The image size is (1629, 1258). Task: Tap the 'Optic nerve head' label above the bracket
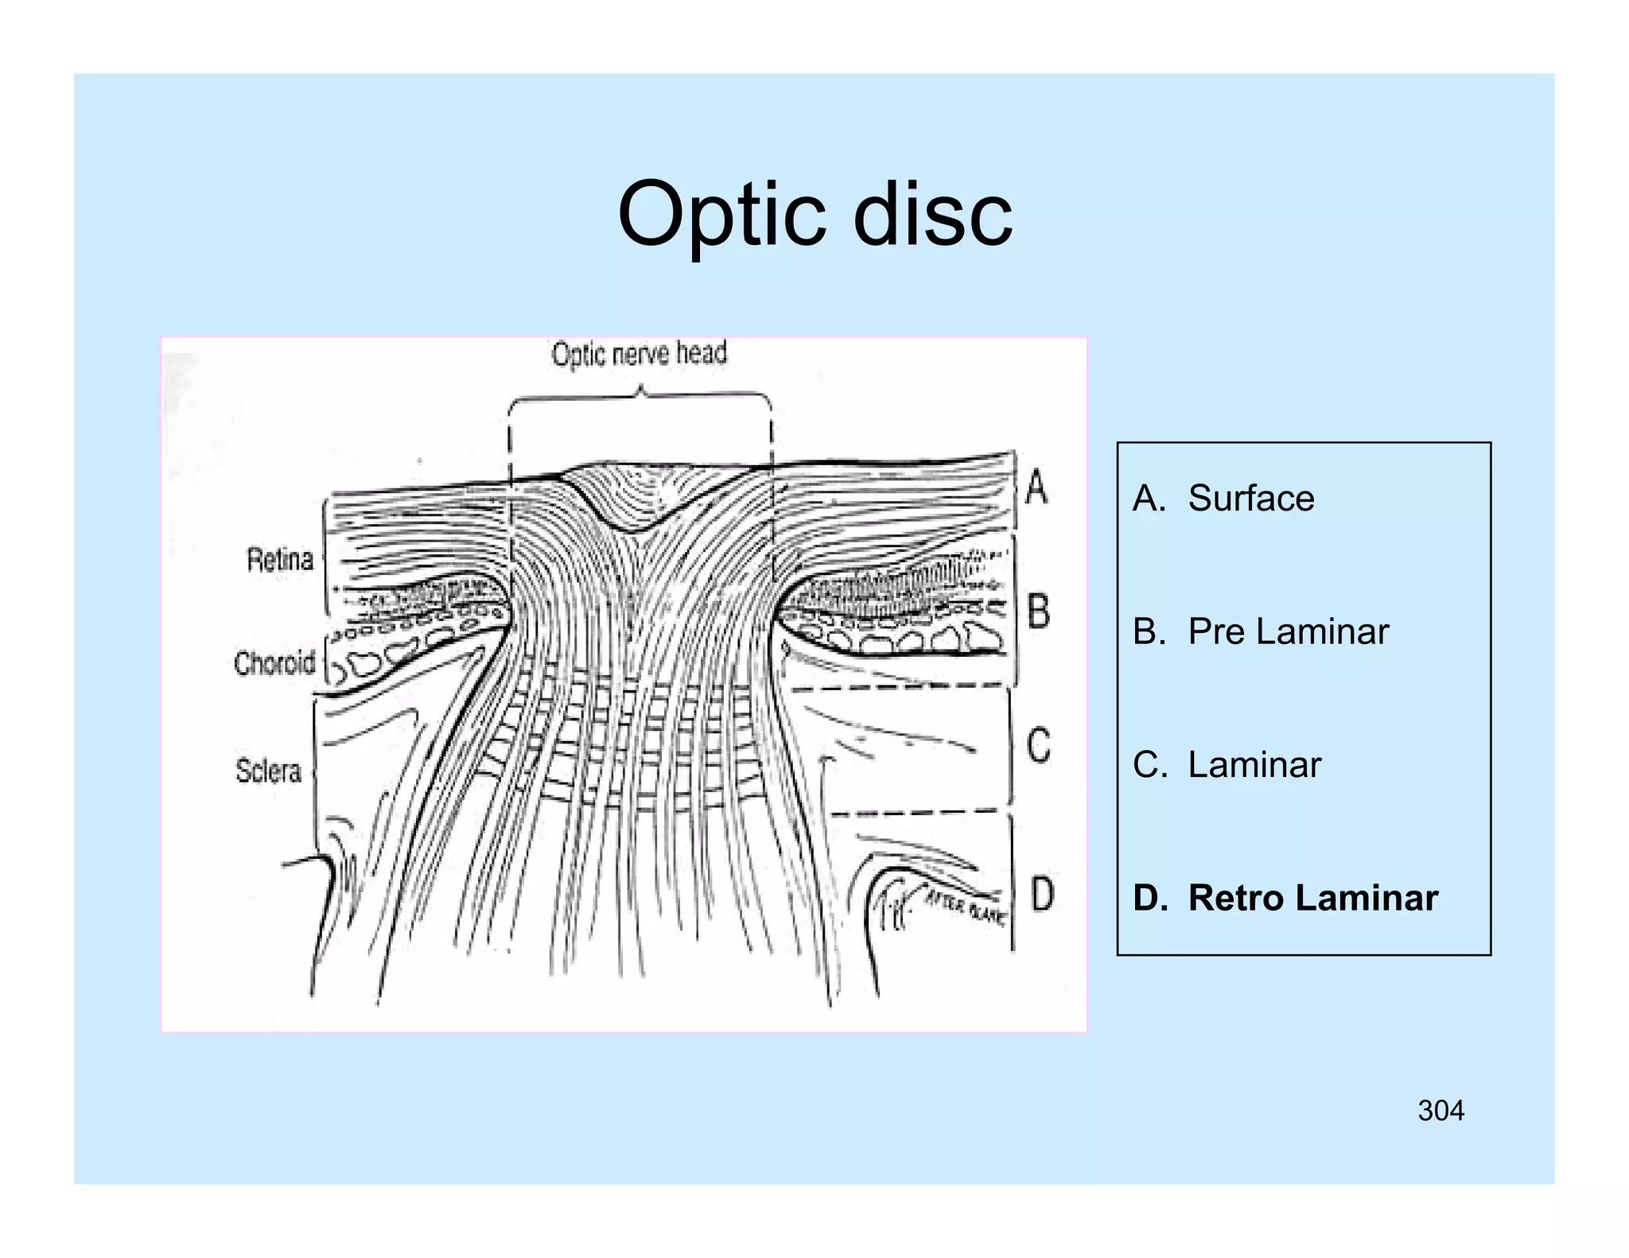coord(640,354)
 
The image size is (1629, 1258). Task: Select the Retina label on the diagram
coord(280,560)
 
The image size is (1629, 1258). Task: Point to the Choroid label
coord(274,662)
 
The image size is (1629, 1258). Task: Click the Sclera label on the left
coord(269,771)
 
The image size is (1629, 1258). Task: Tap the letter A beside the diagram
coord(1036,487)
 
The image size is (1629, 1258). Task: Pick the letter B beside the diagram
coord(1038,612)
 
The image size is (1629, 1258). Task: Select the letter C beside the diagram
coord(1038,746)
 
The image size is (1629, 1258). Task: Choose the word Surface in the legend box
coord(1251,499)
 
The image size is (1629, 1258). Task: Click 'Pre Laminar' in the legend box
coord(1288,632)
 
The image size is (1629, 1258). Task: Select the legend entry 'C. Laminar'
coord(1227,765)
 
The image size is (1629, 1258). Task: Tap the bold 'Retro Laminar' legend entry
coord(1312,898)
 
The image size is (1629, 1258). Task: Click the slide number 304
coord(1440,1111)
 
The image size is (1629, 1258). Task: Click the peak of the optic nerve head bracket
coord(640,390)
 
